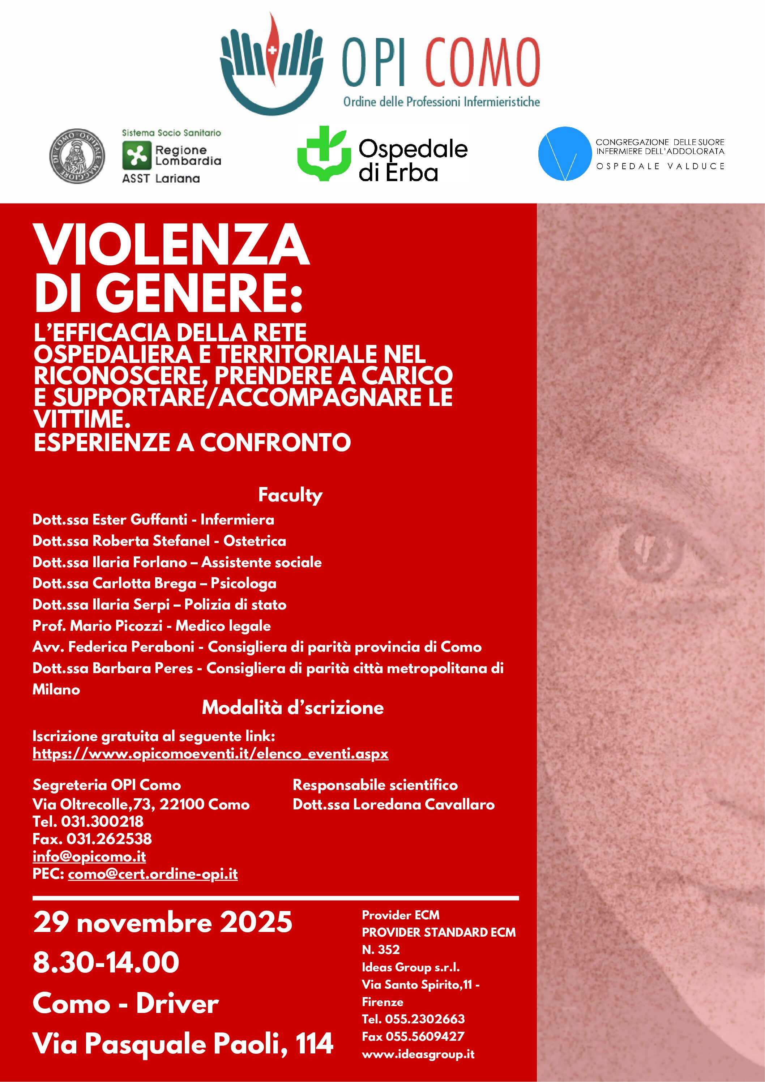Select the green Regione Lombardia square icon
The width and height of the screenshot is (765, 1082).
click(x=137, y=156)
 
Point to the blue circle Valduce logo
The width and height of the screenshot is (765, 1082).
click(x=565, y=154)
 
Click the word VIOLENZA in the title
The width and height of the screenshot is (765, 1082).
click(x=172, y=245)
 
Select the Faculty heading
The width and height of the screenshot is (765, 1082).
click(x=290, y=495)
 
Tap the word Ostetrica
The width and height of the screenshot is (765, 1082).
click(x=255, y=540)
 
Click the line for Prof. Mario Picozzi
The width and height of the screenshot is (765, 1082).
click(x=151, y=626)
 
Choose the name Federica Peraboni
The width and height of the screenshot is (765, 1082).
click(x=131, y=647)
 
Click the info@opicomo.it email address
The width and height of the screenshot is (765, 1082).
click(x=89, y=856)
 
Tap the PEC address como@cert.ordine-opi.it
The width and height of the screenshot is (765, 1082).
click(x=153, y=874)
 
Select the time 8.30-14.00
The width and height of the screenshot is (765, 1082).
click(x=106, y=962)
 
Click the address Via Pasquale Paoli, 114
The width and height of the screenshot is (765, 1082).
click(x=183, y=1044)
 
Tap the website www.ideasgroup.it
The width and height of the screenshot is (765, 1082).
click(x=418, y=1054)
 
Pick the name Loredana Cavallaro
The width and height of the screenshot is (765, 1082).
click(x=423, y=804)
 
